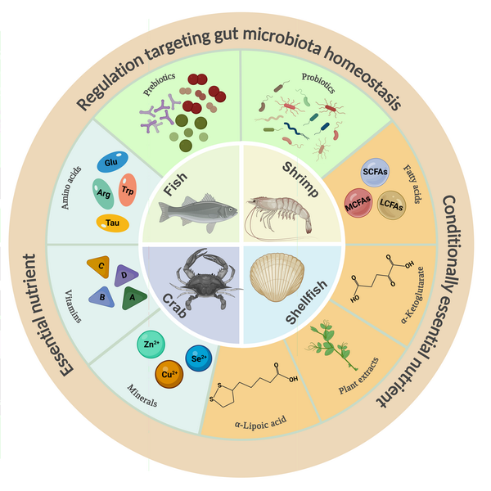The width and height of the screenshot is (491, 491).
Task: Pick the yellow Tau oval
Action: [112, 223]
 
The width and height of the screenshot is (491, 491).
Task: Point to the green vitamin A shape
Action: [132, 299]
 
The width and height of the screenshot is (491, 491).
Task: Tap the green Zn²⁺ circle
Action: [150, 345]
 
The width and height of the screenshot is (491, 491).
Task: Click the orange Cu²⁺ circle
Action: [169, 373]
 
